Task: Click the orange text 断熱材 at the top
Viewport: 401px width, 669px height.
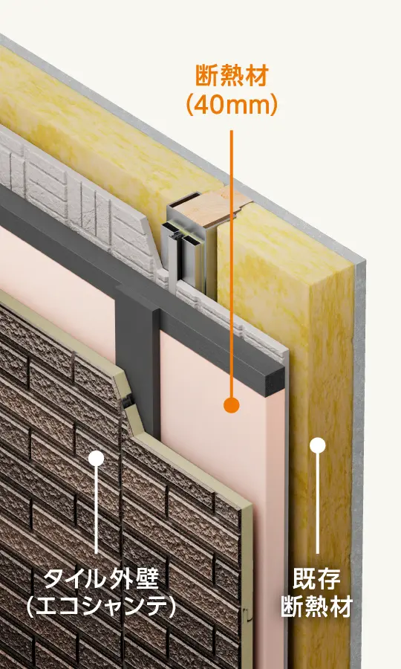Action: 232,77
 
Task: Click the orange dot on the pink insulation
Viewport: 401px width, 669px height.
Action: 232,404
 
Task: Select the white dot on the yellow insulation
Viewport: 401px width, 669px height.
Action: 318,445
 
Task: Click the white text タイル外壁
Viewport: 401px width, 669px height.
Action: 102,578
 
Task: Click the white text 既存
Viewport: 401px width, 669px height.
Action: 316,578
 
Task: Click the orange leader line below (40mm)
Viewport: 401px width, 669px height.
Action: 232,264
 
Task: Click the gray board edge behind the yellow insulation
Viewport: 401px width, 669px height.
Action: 359,427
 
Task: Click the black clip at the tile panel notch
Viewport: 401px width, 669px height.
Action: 125,402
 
